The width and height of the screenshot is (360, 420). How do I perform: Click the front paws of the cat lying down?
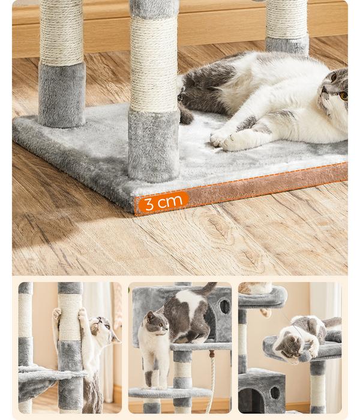pyautogui.click(x=225, y=139)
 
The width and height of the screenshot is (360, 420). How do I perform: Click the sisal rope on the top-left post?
pyautogui.click(x=61, y=32)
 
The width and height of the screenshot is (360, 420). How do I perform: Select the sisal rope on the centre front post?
pyautogui.click(x=154, y=64)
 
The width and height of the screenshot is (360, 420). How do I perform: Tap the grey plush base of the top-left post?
pyautogui.click(x=62, y=94)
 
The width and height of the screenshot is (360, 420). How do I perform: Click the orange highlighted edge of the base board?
pyautogui.click(x=241, y=187)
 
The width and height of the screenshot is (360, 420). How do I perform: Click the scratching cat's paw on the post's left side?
pyautogui.click(x=56, y=313)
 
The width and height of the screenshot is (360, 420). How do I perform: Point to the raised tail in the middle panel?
pyautogui.click(x=208, y=288)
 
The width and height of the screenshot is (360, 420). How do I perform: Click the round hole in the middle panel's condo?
pyautogui.click(x=224, y=307)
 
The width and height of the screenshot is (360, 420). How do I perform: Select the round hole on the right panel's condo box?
pyautogui.click(x=275, y=392)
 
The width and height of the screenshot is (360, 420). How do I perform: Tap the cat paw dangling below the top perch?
pyautogui.click(x=266, y=313)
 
